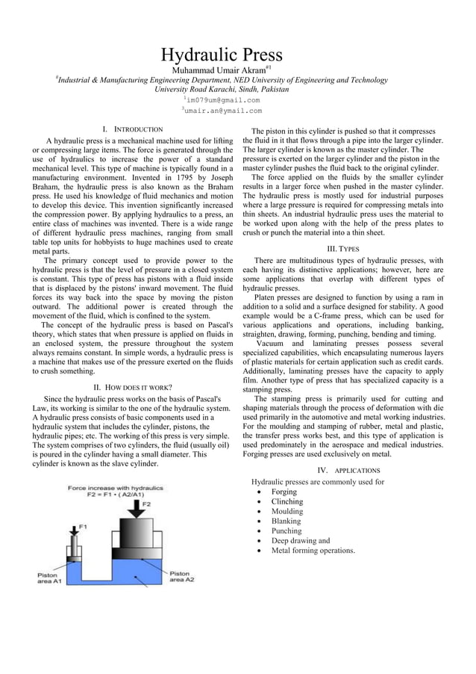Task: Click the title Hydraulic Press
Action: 222,55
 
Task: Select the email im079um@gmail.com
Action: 223,99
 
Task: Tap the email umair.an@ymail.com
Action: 223,111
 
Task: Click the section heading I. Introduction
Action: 132,130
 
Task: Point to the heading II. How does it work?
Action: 132,387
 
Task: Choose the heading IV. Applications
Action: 348,471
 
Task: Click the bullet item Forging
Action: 284,492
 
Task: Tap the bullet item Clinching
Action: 286,502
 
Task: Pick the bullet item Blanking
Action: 286,522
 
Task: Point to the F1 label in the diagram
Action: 83,527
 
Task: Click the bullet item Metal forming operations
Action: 313,551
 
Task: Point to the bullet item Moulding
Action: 286,512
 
